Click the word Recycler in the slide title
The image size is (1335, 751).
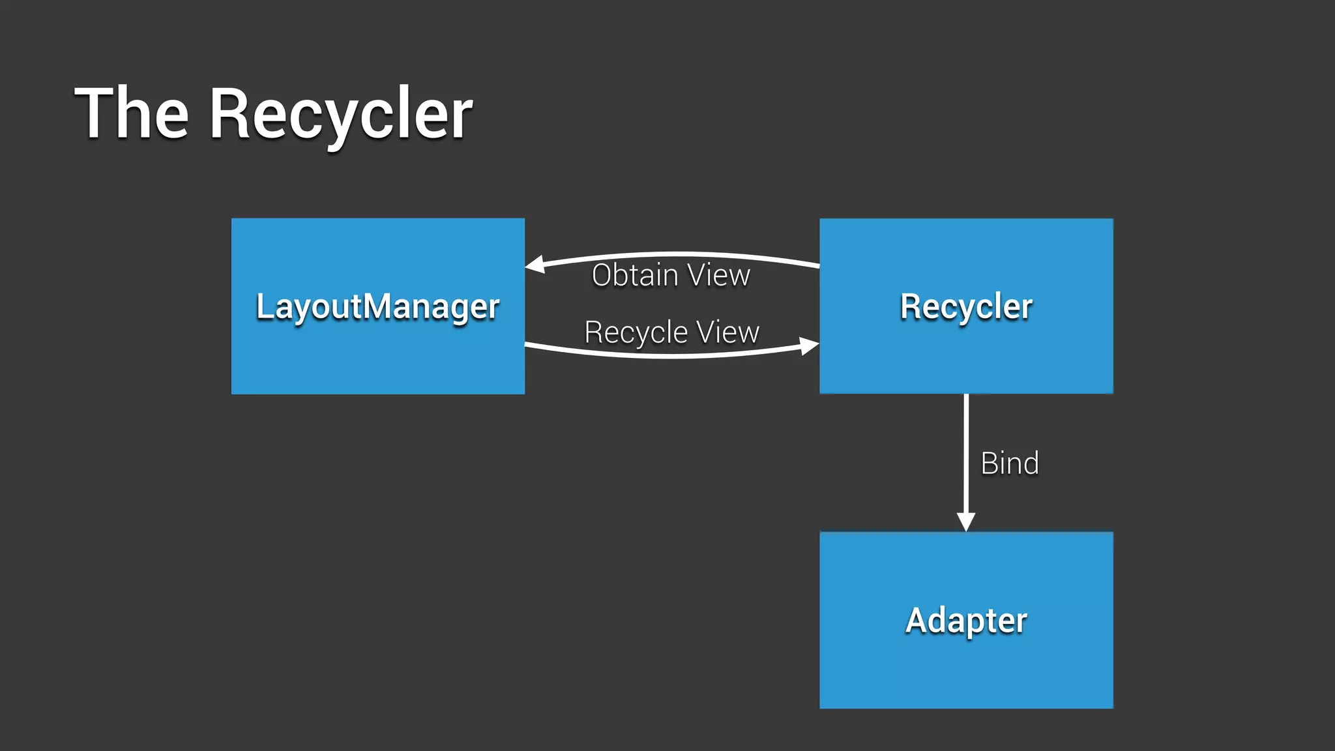click(340, 116)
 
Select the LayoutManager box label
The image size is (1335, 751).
click(377, 306)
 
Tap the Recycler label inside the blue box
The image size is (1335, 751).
click(966, 306)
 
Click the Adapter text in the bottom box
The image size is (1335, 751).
click(966, 620)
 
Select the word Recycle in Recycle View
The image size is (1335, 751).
click(636, 332)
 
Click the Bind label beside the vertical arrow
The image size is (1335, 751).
click(1010, 464)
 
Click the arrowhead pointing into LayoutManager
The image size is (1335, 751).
click(535, 264)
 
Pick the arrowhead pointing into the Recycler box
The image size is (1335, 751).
click(810, 346)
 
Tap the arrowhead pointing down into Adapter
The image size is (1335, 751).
click(966, 522)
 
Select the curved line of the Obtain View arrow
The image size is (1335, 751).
click(678, 254)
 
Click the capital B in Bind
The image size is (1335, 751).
click(990, 464)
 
